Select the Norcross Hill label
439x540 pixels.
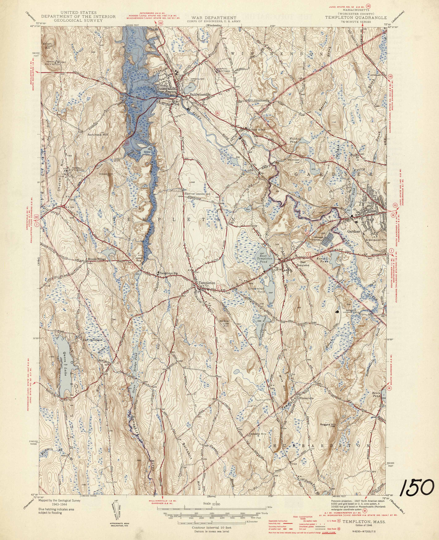coord(98,135)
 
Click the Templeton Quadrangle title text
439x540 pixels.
coord(356,18)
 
